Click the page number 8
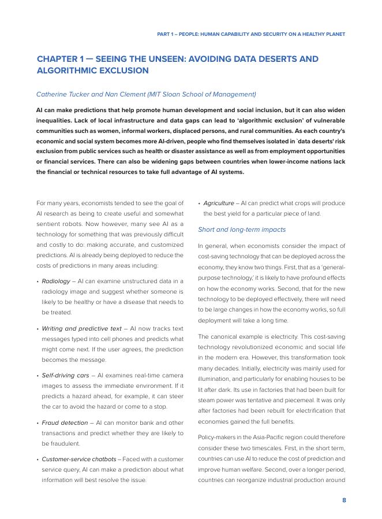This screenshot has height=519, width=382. pos(344,501)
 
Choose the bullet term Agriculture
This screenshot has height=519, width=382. pos(219,203)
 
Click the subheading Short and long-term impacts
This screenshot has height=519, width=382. pos(241,229)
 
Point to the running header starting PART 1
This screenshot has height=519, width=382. pos(251,34)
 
